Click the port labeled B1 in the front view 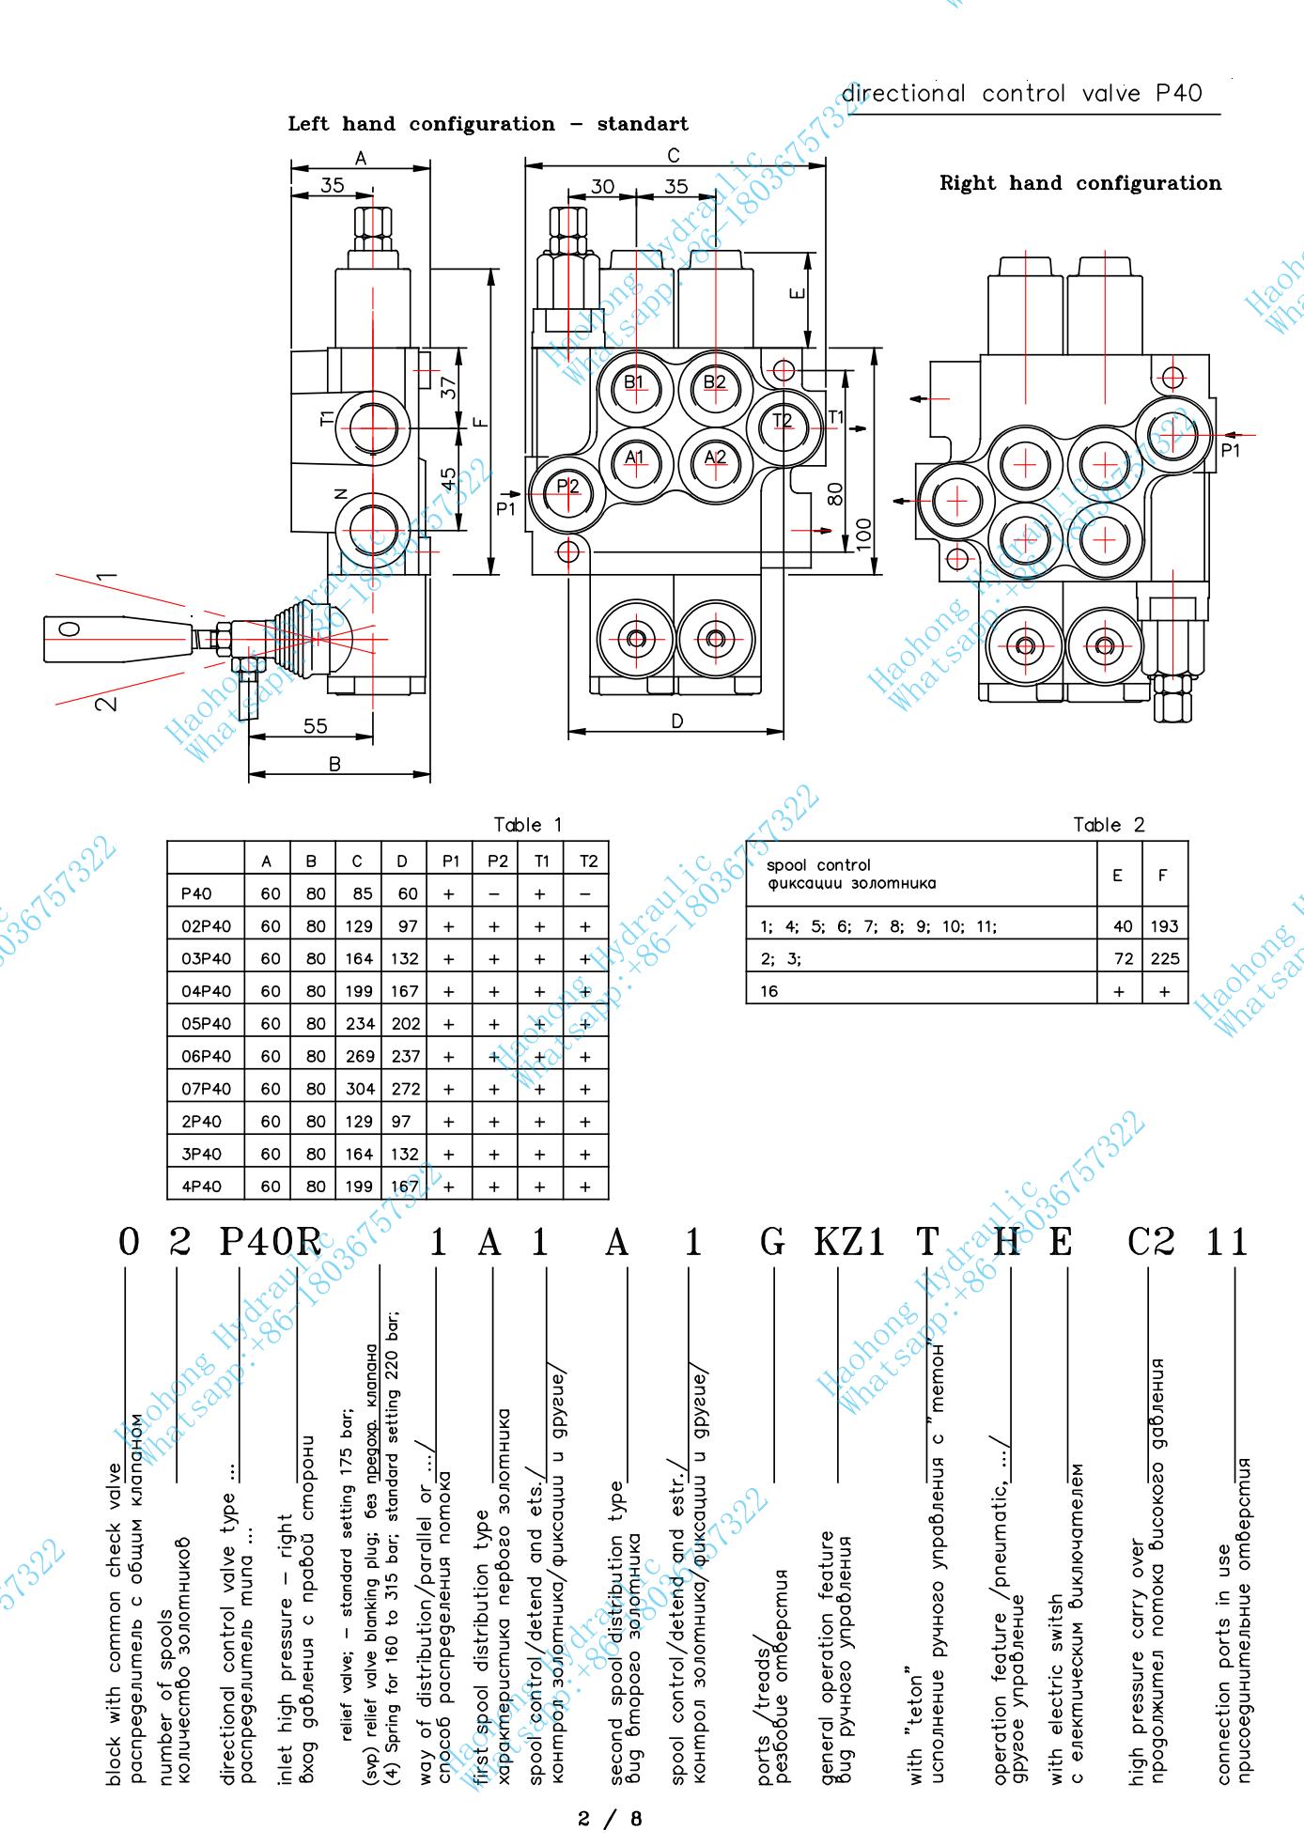tap(634, 381)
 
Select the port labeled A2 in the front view tap(715, 458)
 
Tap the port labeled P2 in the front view tap(567, 486)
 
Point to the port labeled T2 tap(783, 420)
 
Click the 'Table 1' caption tap(528, 825)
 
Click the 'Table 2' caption tap(1109, 825)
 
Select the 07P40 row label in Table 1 tap(206, 1089)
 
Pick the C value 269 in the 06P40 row tap(359, 1056)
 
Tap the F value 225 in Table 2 tap(1164, 958)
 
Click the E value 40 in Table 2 tap(1122, 926)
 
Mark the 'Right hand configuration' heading tap(1080, 183)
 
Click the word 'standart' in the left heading tap(643, 124)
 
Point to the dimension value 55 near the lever tap(316, 725)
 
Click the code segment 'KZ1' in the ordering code tap(848, 1242)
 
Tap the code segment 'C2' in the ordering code tap(1150, 1242)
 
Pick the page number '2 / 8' tap(611, 1818)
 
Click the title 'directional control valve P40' tap(1021, 94)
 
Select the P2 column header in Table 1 tap(495, 861)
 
